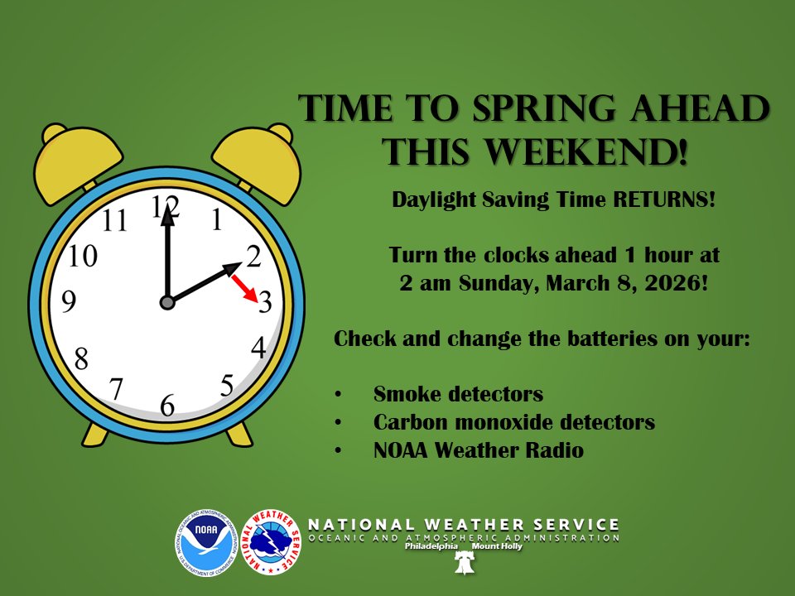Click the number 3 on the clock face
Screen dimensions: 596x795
(264, 302)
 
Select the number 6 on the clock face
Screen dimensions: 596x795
(167, 406)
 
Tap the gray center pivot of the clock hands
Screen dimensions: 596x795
(167, 303)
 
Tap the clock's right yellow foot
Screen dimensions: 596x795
(239, 433)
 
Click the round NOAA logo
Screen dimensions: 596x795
(206, 542)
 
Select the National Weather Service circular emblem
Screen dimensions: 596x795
(270, 542)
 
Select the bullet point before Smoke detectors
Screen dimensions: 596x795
(338, 394)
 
